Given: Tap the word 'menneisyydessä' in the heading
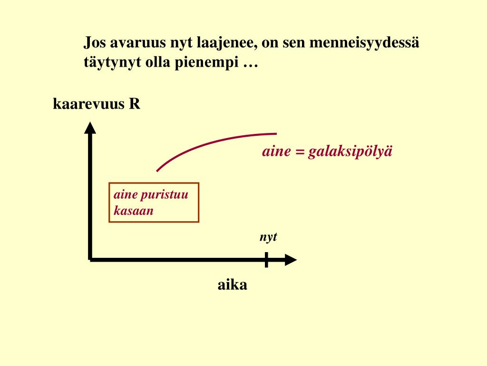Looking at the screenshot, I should [365, 43].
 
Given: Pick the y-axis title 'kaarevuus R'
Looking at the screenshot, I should [97, 104].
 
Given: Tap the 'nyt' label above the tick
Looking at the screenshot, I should [268, 237].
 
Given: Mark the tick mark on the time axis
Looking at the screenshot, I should [266, 260].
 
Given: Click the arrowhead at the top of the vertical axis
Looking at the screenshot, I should [90, 128].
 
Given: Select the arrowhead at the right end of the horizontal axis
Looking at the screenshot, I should [290, 260].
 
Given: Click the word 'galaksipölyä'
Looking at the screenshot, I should [351, 152].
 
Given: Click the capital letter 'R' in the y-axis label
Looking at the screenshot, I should [135, 104].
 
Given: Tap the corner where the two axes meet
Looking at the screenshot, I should [90, 260].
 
